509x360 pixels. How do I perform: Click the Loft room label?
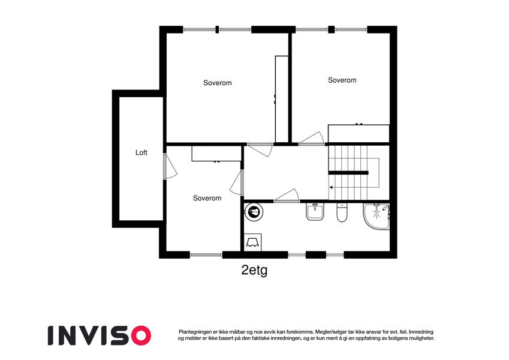point(141,152)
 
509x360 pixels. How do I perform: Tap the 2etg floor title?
point(254,270)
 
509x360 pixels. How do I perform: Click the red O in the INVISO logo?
point(138,335)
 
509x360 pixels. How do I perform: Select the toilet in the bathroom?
point(342,212)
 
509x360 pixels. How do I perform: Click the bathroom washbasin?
point(315,212)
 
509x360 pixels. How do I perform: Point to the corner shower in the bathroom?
point(377,216)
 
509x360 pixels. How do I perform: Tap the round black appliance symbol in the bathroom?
point(254,212)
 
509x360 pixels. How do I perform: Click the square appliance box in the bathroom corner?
point(252,242)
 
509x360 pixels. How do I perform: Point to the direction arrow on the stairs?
point(332,187)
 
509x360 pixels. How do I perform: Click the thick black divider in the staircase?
point(348,173)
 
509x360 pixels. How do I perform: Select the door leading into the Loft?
point(170,166)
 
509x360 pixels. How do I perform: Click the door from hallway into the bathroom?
point(287,196)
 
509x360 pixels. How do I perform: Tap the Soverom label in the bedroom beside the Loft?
point(207,198)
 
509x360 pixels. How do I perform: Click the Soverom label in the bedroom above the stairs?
point(342,80)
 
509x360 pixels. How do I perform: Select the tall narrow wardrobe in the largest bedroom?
point(281,99)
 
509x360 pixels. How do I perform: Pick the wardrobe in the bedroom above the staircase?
point(359,133)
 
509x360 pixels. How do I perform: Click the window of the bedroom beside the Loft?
point(206,255)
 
